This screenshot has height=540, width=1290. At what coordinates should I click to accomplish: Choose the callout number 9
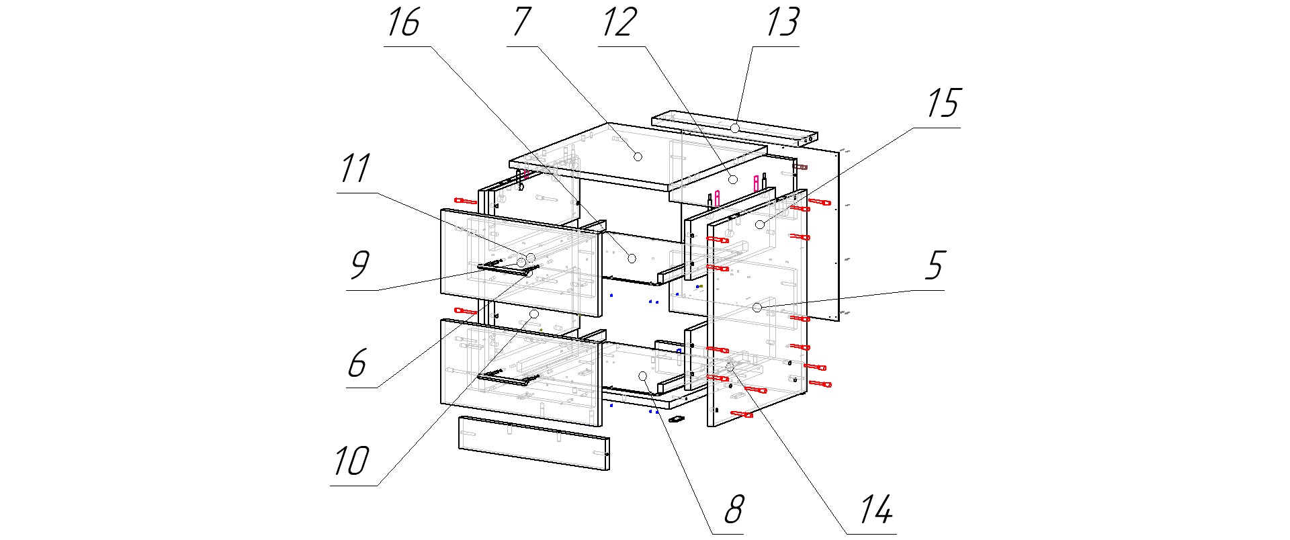point(359,265)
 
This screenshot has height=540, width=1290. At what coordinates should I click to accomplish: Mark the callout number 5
point(935,265)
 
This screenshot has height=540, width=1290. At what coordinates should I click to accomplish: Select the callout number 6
point(357,363)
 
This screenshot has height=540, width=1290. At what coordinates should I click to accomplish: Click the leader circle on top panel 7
point(638,156)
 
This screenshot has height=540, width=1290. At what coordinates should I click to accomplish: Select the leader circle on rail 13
point(736,127)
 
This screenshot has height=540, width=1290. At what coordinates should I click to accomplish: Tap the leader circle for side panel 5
point(757,307)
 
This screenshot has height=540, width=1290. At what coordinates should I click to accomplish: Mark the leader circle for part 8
point(642,375)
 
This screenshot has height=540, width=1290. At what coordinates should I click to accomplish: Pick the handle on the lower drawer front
point(503,379)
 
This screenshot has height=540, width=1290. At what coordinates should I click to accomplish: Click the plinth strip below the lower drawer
point(533,443)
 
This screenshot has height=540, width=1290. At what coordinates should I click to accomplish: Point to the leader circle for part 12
point(734,179)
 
